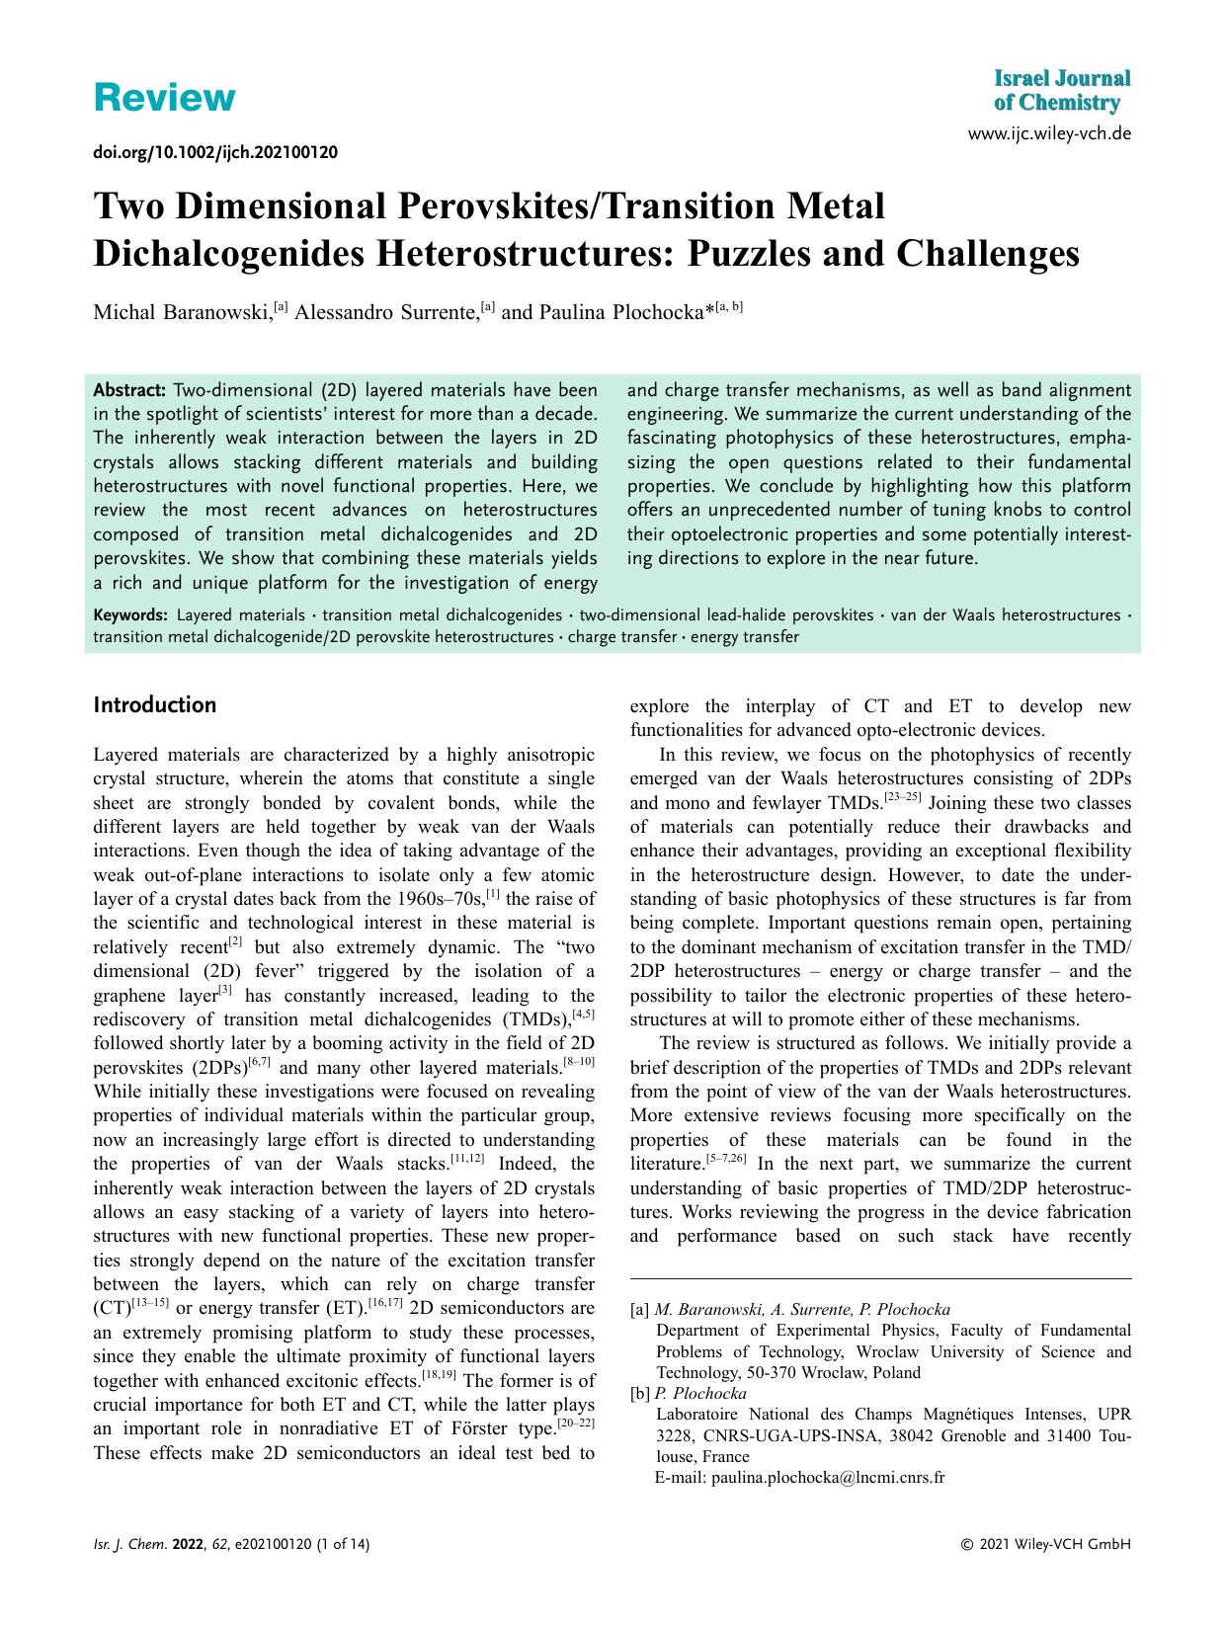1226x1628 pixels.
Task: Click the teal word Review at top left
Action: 164,98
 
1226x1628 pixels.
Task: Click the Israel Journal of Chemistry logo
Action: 1061,91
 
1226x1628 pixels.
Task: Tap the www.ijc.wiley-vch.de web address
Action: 1050,133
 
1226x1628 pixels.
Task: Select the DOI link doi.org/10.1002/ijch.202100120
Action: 215,152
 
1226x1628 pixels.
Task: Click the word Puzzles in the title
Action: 750,254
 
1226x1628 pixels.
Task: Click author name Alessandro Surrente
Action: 386,312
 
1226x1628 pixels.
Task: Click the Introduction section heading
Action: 154,705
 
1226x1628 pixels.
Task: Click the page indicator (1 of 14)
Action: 343,1545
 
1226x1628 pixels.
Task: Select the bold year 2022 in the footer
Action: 187,1545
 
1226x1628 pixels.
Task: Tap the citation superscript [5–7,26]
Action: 724,1158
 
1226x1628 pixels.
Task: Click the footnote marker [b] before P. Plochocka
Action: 640,1394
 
